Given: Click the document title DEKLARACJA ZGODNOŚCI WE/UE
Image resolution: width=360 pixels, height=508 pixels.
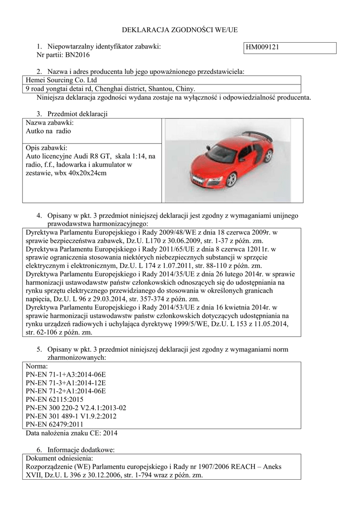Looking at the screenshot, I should coord(180,30).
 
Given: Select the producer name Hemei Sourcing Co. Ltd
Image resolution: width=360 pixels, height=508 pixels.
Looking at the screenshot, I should coord(61,80).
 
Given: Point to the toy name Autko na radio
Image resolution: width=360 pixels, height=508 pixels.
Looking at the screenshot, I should coord(48,131).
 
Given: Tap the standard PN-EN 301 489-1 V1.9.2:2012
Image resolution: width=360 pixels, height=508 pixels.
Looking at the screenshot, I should coord(71,416).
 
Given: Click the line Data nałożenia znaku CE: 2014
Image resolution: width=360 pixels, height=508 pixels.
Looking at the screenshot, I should coord(72,433).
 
